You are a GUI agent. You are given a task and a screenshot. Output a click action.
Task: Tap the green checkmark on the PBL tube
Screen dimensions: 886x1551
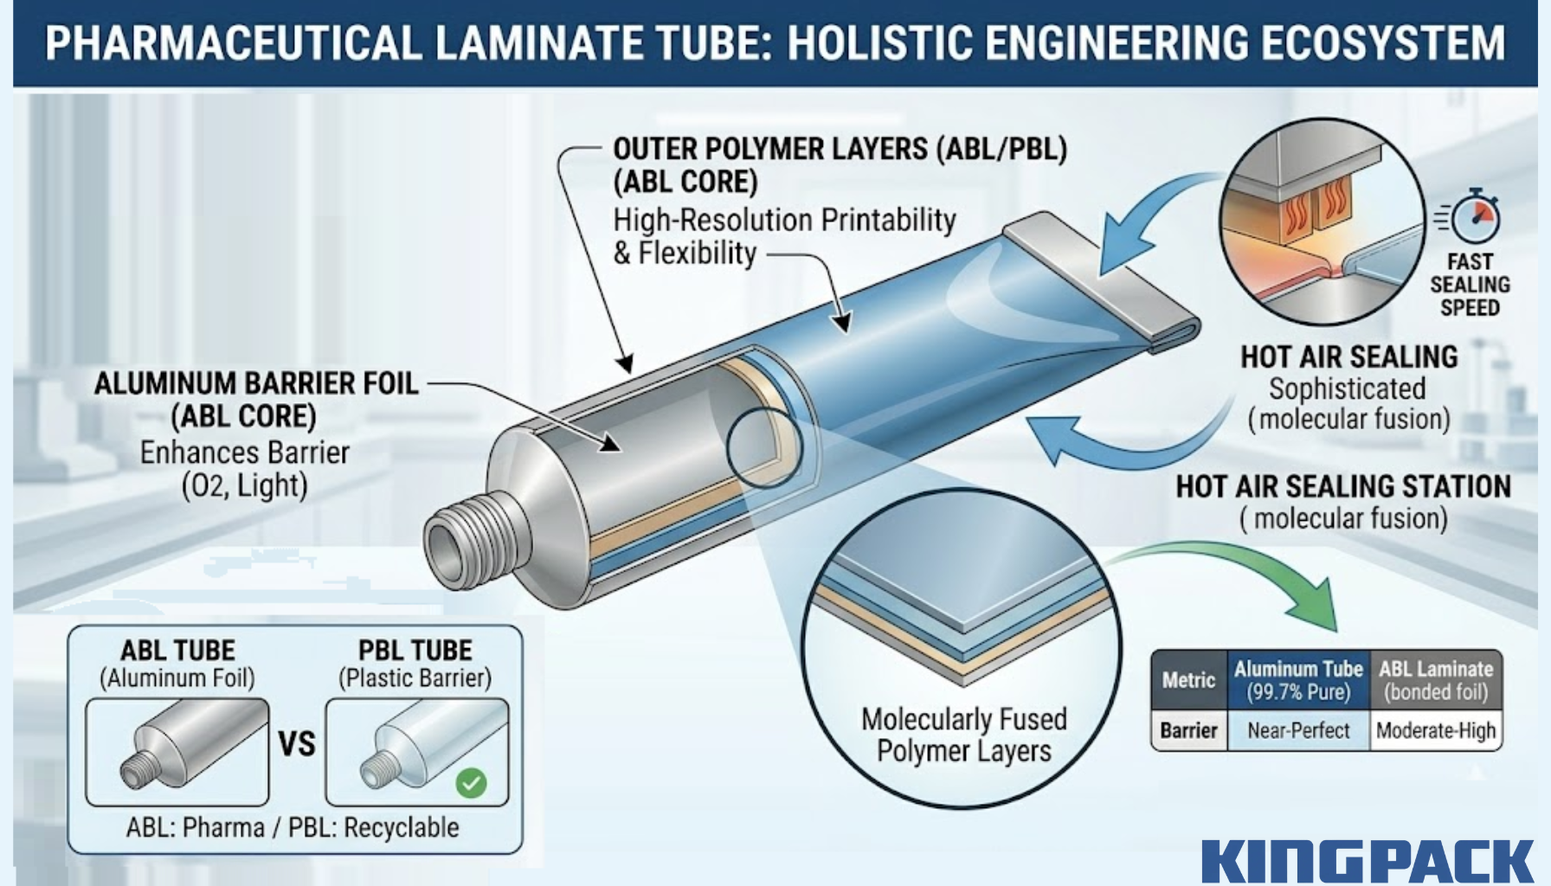tap(471, 783)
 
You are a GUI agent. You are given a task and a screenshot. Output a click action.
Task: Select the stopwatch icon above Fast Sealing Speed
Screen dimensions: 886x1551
tap(1475, 216)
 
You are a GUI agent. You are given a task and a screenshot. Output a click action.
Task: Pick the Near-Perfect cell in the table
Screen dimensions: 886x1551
tap(1298, 731)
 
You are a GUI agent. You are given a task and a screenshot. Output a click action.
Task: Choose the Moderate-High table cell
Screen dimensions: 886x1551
tap(1436, 731)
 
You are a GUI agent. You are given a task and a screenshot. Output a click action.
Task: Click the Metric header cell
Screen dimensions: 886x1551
tap(1188, 680)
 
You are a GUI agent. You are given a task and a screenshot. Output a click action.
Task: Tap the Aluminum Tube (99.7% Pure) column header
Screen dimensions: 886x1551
tap(1298, 680)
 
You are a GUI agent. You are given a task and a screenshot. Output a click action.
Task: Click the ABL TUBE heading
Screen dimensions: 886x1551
tap(177, 651)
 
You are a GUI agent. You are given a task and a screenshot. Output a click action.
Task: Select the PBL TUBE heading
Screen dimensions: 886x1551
tap(415, 651)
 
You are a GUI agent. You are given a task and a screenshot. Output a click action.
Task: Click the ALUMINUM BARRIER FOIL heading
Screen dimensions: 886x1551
tap(256, 383)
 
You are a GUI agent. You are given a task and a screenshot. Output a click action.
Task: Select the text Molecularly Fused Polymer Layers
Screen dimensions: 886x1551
tap(963, 735)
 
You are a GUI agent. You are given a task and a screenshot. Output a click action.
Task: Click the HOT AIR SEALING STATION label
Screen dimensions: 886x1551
tap(1342, 486)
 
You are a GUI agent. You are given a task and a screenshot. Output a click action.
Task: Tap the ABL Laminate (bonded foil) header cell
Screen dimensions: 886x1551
tap(1436, 680)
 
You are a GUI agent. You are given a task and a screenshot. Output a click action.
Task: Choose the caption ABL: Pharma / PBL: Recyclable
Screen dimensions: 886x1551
tap(293, 828)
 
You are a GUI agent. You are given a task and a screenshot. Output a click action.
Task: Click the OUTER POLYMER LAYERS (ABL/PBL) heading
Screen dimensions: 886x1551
tap(840, 149)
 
